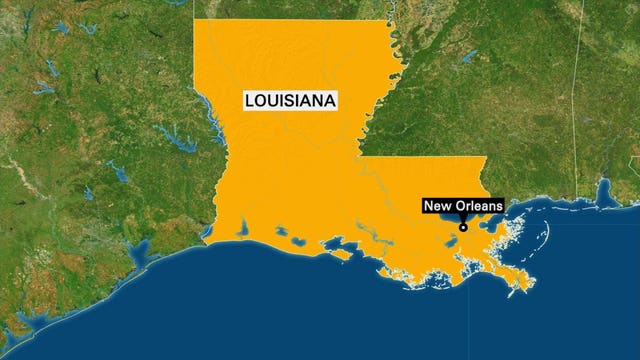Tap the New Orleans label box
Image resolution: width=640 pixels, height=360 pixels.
463,207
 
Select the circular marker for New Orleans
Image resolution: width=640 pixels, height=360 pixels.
464,227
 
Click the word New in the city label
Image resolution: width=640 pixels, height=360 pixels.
438,207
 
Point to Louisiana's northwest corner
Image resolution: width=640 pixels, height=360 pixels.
194,20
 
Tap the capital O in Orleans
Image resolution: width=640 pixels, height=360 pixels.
458,207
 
